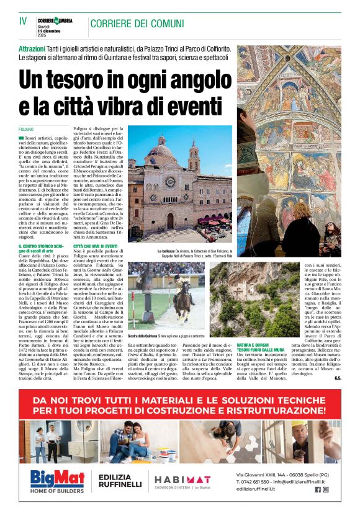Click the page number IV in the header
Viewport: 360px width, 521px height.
pos(23,20)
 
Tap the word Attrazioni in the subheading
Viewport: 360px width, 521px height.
pos(36,48)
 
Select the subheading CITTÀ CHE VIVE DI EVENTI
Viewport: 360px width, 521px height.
pos(100,246)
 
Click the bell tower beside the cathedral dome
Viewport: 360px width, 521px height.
pos(194,155)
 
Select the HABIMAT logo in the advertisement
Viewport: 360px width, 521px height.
pos(182,479)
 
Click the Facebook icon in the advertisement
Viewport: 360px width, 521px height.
pos(318,489)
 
